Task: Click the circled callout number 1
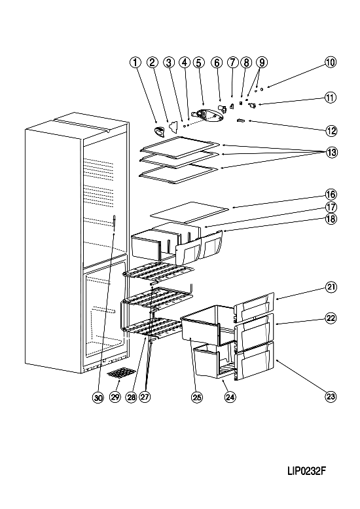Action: pyautogui.click(x=135, y=62)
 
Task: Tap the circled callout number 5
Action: pyautogui.click(x=198, y=62)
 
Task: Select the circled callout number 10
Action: pyautogui.click(x=331, y=62)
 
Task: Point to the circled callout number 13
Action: pyautogui.click(x=331, y=152)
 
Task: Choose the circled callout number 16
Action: pyautogui.click(x=331, y=195)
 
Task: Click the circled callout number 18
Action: pyautogui.click(x=331, y=219)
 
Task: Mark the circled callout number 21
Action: pyautogui.click(x=331, y=288)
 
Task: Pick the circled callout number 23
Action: pyautogui.click(x=331, y=396)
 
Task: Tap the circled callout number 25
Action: pyautogui.click(x=197, y=397)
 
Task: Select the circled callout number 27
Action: pyautogui.click(x=145, y=397)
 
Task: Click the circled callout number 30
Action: pyautogui.click(x=98, y=397)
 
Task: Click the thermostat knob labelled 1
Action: pyautogui.click(x=158, y=131)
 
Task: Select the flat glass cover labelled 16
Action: pyautogui.click(x=189, y=212)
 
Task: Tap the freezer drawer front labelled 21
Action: pyautogui.click(x=255, y=307)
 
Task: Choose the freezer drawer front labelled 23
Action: pyautogui.click(x=255, y=361)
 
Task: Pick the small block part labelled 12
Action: pyautogui.click(x=241, y=121)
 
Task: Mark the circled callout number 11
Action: pyautogui.click(x=331, y=98)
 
